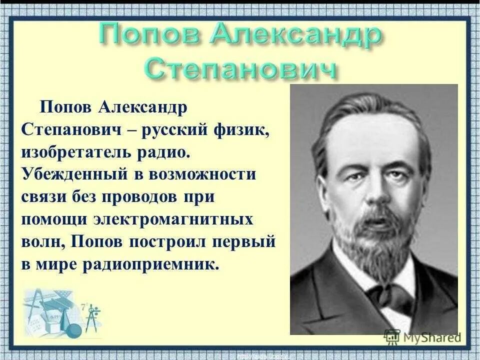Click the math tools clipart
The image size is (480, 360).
tap(60, 312)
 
